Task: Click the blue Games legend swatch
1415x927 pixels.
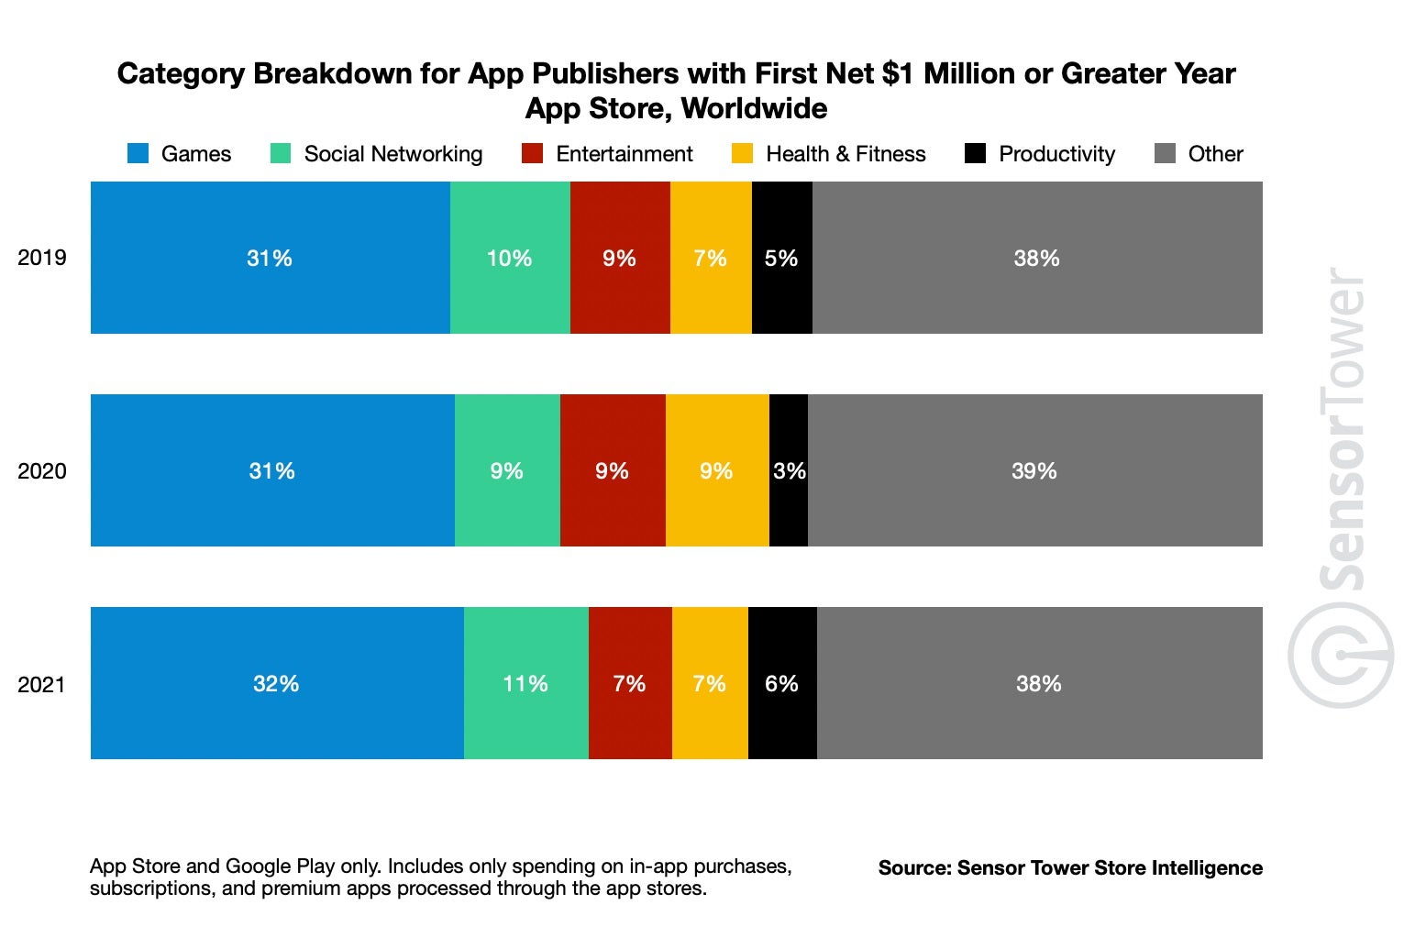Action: pos(138,154)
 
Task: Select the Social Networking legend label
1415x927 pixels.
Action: pos(392,154)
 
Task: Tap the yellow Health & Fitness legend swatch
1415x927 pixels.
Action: pos(742,154)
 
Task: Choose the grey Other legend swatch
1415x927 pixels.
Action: pos(1165,154)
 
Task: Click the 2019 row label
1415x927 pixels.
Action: pos(42,258)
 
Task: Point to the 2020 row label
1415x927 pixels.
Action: pos(42,471)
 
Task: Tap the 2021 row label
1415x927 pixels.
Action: pos(42,684)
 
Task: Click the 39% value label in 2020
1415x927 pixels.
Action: pos(1034,471)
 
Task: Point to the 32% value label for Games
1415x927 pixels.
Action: pos(276,684)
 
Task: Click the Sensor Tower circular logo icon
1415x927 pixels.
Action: pos(1341,656)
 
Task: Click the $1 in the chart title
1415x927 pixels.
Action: pos(900,73)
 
